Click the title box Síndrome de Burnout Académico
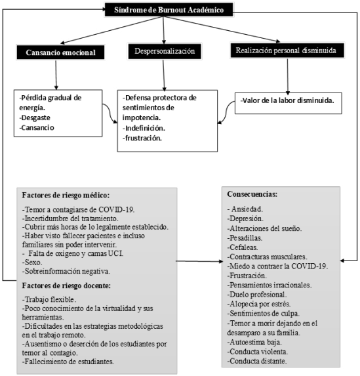point(169,10)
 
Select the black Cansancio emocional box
point(60,52)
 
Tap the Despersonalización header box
point(165,51)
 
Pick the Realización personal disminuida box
point(287,51)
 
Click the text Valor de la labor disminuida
point(287,100)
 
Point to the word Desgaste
point(35,117)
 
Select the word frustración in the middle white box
point(142,138)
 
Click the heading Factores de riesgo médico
point(66,195)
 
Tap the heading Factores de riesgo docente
point(66,285)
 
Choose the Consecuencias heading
point(252,194)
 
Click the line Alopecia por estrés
point(259,304)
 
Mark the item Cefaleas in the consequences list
point(243,247)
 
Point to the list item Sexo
point(32,262)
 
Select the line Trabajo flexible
point(49,299)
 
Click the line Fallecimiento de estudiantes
point(68,362)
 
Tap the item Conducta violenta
point(258,352)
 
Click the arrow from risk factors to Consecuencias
point(199,261)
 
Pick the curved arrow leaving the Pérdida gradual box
point(110,113)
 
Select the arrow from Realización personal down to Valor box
point(288,77)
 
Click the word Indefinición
point(144,128)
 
